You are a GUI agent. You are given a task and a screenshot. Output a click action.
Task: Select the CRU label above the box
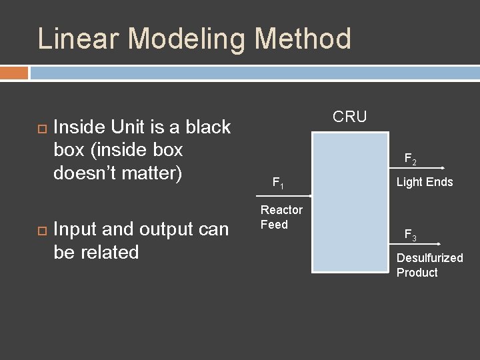(x=349, y=117)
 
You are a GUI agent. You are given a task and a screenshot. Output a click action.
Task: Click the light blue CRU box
(x=350, y=202)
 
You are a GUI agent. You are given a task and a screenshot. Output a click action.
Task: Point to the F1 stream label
(x=279, y=182)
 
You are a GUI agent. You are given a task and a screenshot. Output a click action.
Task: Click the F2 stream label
(x=411, y=160)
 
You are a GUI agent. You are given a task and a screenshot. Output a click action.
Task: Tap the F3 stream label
(x=411, y=235)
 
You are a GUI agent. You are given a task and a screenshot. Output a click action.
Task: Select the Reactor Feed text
(x=281, y=217)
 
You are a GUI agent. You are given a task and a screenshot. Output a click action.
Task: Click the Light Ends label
(x=425, y=182)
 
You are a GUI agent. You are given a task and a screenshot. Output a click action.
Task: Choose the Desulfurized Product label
(x=429, y=265)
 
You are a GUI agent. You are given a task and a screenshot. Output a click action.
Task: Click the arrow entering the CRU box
(x=283, y=196)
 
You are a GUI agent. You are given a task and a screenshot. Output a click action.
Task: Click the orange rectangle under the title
(x=14, y=73)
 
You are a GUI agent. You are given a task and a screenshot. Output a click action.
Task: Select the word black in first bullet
(x=207, y=127)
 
